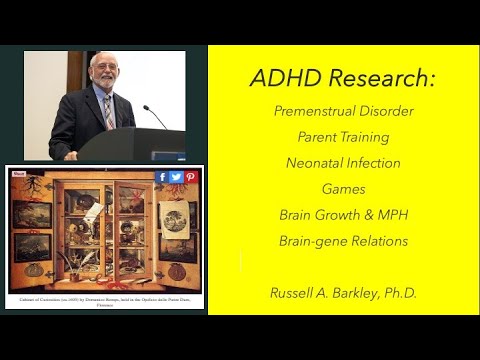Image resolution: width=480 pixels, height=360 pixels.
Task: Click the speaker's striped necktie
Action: tap(108, 111)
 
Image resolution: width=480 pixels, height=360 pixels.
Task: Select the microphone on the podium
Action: tap(155, 116)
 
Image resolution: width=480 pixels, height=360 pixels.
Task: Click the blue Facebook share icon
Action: tap(161, 177)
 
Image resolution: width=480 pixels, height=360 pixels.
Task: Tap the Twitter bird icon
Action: tap(176, 177)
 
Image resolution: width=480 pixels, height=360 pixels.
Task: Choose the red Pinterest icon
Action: tap(190, 177)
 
